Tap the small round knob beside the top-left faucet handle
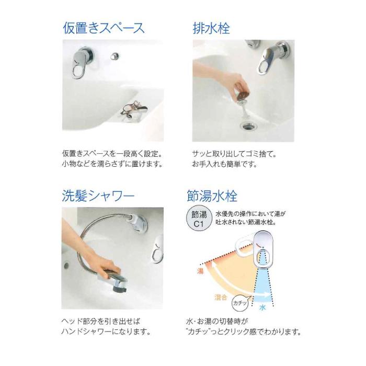(114, 55)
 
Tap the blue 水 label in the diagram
(263, 308)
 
